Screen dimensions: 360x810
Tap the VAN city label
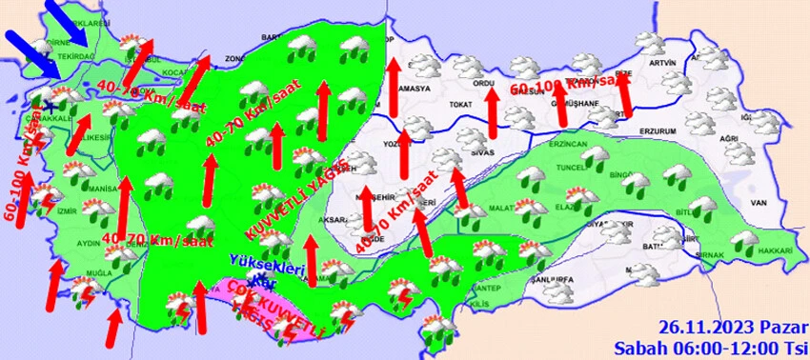[x=759, y=203]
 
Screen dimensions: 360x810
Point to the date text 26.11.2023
[x=692, y=327]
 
